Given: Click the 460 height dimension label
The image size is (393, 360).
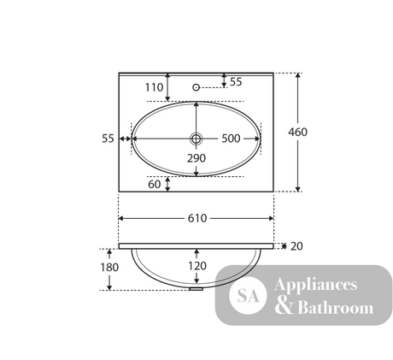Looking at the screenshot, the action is (297, 132).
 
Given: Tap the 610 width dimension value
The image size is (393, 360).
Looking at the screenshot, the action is (197, 218).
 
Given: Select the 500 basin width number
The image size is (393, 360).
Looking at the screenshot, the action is (231, 139).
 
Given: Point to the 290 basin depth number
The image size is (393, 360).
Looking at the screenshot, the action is (196, 158).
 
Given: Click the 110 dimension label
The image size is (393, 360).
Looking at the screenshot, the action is (154, 87).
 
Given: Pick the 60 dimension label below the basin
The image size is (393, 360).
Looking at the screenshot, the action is (155, 185).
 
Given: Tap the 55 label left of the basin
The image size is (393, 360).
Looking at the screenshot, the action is (108, 139).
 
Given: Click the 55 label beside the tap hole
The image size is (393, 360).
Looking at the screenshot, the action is (236, 82).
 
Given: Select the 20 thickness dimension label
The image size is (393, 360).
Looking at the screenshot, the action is (296, 246).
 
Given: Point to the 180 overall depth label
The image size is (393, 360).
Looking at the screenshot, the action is (109, 268).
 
